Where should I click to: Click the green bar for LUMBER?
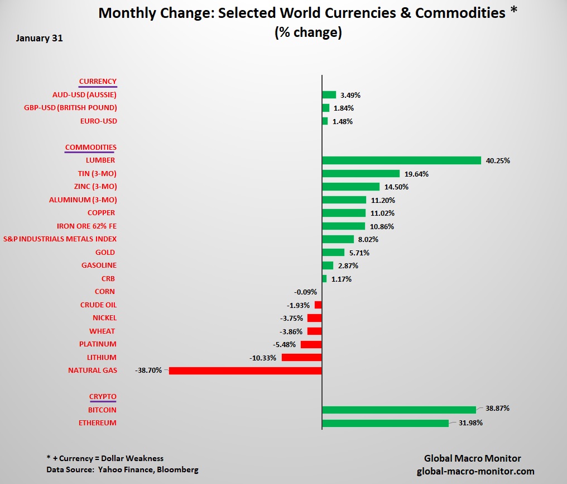coord(401,160)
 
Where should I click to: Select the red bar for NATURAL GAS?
coord(246,371)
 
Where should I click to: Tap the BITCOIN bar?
coord(399,410)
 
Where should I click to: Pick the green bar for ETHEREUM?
coord(385,423)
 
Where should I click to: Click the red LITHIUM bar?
coord(302,357)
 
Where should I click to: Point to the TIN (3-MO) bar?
coord(361,174)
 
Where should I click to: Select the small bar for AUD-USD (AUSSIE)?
coord(329,95)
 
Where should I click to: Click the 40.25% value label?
coord(498,160)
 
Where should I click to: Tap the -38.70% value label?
coord(148,371)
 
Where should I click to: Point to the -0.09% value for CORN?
coord(305,292)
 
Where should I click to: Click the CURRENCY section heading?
coord(98,82)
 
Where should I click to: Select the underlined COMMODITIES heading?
coord(90,148)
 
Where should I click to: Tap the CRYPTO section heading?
coord(103,397)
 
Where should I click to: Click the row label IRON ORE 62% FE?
coord(87,226)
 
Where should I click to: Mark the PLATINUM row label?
coord(98,344)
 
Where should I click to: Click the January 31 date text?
coord(40,39)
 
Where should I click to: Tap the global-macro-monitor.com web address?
coord(475,471)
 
